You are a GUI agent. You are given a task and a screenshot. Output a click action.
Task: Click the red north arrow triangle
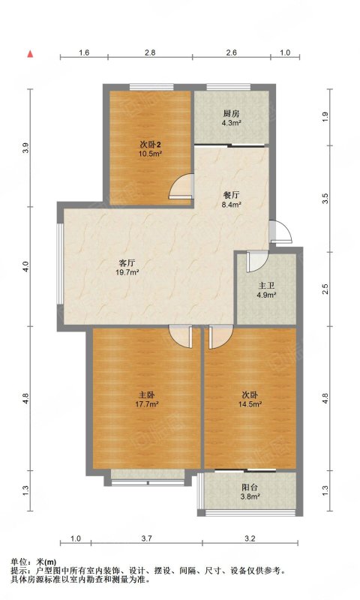click(30, 54)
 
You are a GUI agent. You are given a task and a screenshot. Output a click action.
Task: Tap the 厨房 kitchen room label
click(231, 114)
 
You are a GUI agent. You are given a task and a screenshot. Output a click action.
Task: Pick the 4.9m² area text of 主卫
click(267, 295)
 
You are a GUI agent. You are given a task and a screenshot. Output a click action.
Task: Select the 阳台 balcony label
click(250, 488)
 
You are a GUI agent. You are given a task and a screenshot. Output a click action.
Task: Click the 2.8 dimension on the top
click(150, 52)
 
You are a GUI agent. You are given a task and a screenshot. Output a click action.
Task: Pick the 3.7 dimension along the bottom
click(147, 538)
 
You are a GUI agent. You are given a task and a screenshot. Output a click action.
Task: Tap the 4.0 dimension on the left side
click(25, 266)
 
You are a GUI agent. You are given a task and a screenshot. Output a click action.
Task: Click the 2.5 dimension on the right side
click(325, 289)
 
